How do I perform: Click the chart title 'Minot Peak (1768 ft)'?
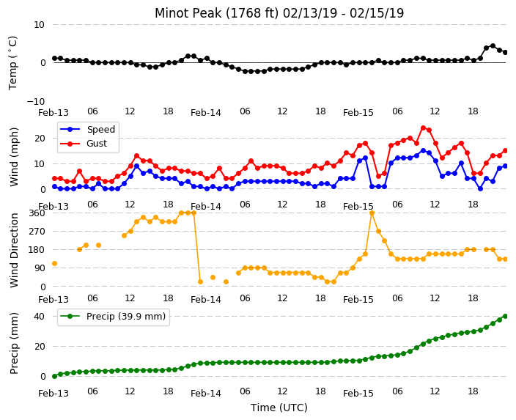pos(217,13)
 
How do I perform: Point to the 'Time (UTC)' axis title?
pos(279,408)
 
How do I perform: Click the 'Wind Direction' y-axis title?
pos(14,250)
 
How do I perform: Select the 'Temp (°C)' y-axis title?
pos(12,63)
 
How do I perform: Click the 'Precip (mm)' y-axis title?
pos(14,343)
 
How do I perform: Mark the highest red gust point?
pos(423,128)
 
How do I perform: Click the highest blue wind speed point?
pos(423,151)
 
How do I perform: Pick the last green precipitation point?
pos(506,317)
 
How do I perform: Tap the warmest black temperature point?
pos(493,46)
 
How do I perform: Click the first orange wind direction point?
pos(55,263)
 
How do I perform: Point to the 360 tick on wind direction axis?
pos(37,213)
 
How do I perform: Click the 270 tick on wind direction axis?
pos(37,232)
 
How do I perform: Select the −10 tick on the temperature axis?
pos(35,101)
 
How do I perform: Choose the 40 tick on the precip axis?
pos(39,317)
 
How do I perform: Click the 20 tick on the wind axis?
pos(40,139)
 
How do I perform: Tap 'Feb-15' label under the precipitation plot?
pos(358,394)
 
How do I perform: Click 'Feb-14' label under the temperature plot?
pos(206,113)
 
